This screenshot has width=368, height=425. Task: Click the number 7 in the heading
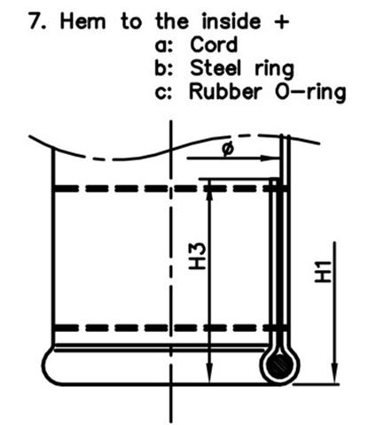click(x=35, y=21)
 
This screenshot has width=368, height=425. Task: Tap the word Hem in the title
click(x=82, y=21)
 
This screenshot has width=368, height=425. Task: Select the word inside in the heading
click(x=231, y=21)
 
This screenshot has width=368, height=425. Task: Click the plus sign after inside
click(x=281, y=22)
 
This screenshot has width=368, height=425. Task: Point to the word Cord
click(x=214, y=44)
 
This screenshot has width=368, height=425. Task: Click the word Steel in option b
click(x=215, y=67)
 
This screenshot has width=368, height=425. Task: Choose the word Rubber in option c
click(x=225, y=91)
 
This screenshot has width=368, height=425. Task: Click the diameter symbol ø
click(x=228, y=149)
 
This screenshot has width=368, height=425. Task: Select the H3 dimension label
click(x=196, y=256)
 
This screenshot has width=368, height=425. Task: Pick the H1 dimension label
click(x=321, y=271)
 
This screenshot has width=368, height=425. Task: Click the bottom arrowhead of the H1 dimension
click(x=334, y=374)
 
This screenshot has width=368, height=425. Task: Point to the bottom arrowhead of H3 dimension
click(x=209, y=374)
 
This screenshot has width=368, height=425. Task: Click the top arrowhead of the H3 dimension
click(x=209, y=189)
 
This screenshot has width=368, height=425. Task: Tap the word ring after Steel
click(x=275, y=69)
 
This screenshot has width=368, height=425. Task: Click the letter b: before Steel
click(x=164, y=67)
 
